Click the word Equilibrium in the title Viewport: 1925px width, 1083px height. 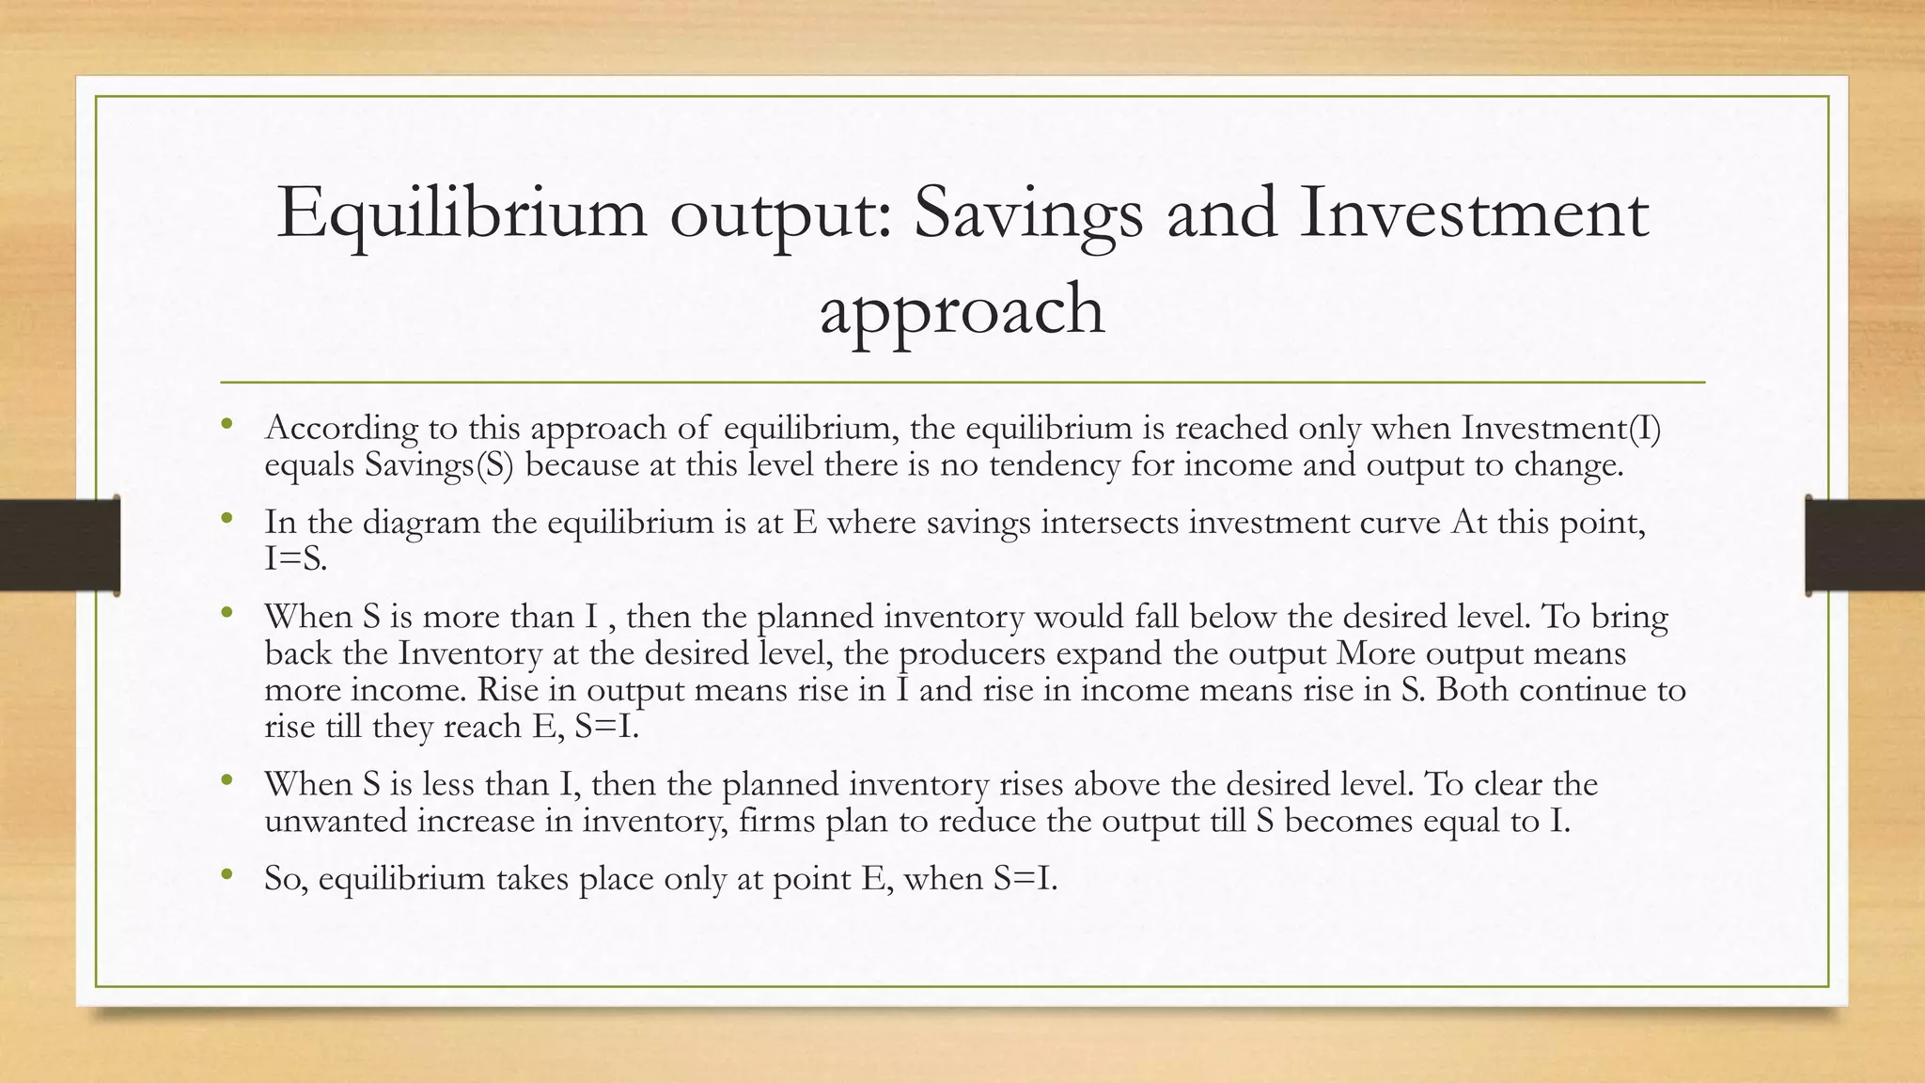[x=462, y=214]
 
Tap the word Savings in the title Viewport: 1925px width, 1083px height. [x=1028, y=214]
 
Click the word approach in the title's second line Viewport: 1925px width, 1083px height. [x=962, y=310]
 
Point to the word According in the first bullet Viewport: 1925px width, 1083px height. [x=341, y=429]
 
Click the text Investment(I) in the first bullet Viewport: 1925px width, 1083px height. [x=1561, y=429]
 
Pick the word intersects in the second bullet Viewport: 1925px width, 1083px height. [x=1109, y=522]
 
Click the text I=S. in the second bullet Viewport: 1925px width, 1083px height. [x=295, y=559]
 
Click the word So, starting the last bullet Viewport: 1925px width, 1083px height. [x=286, y=879]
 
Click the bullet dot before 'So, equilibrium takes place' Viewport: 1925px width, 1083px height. [x=226, y=875]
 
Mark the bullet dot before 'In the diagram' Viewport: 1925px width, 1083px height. [x=226, y=518]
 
